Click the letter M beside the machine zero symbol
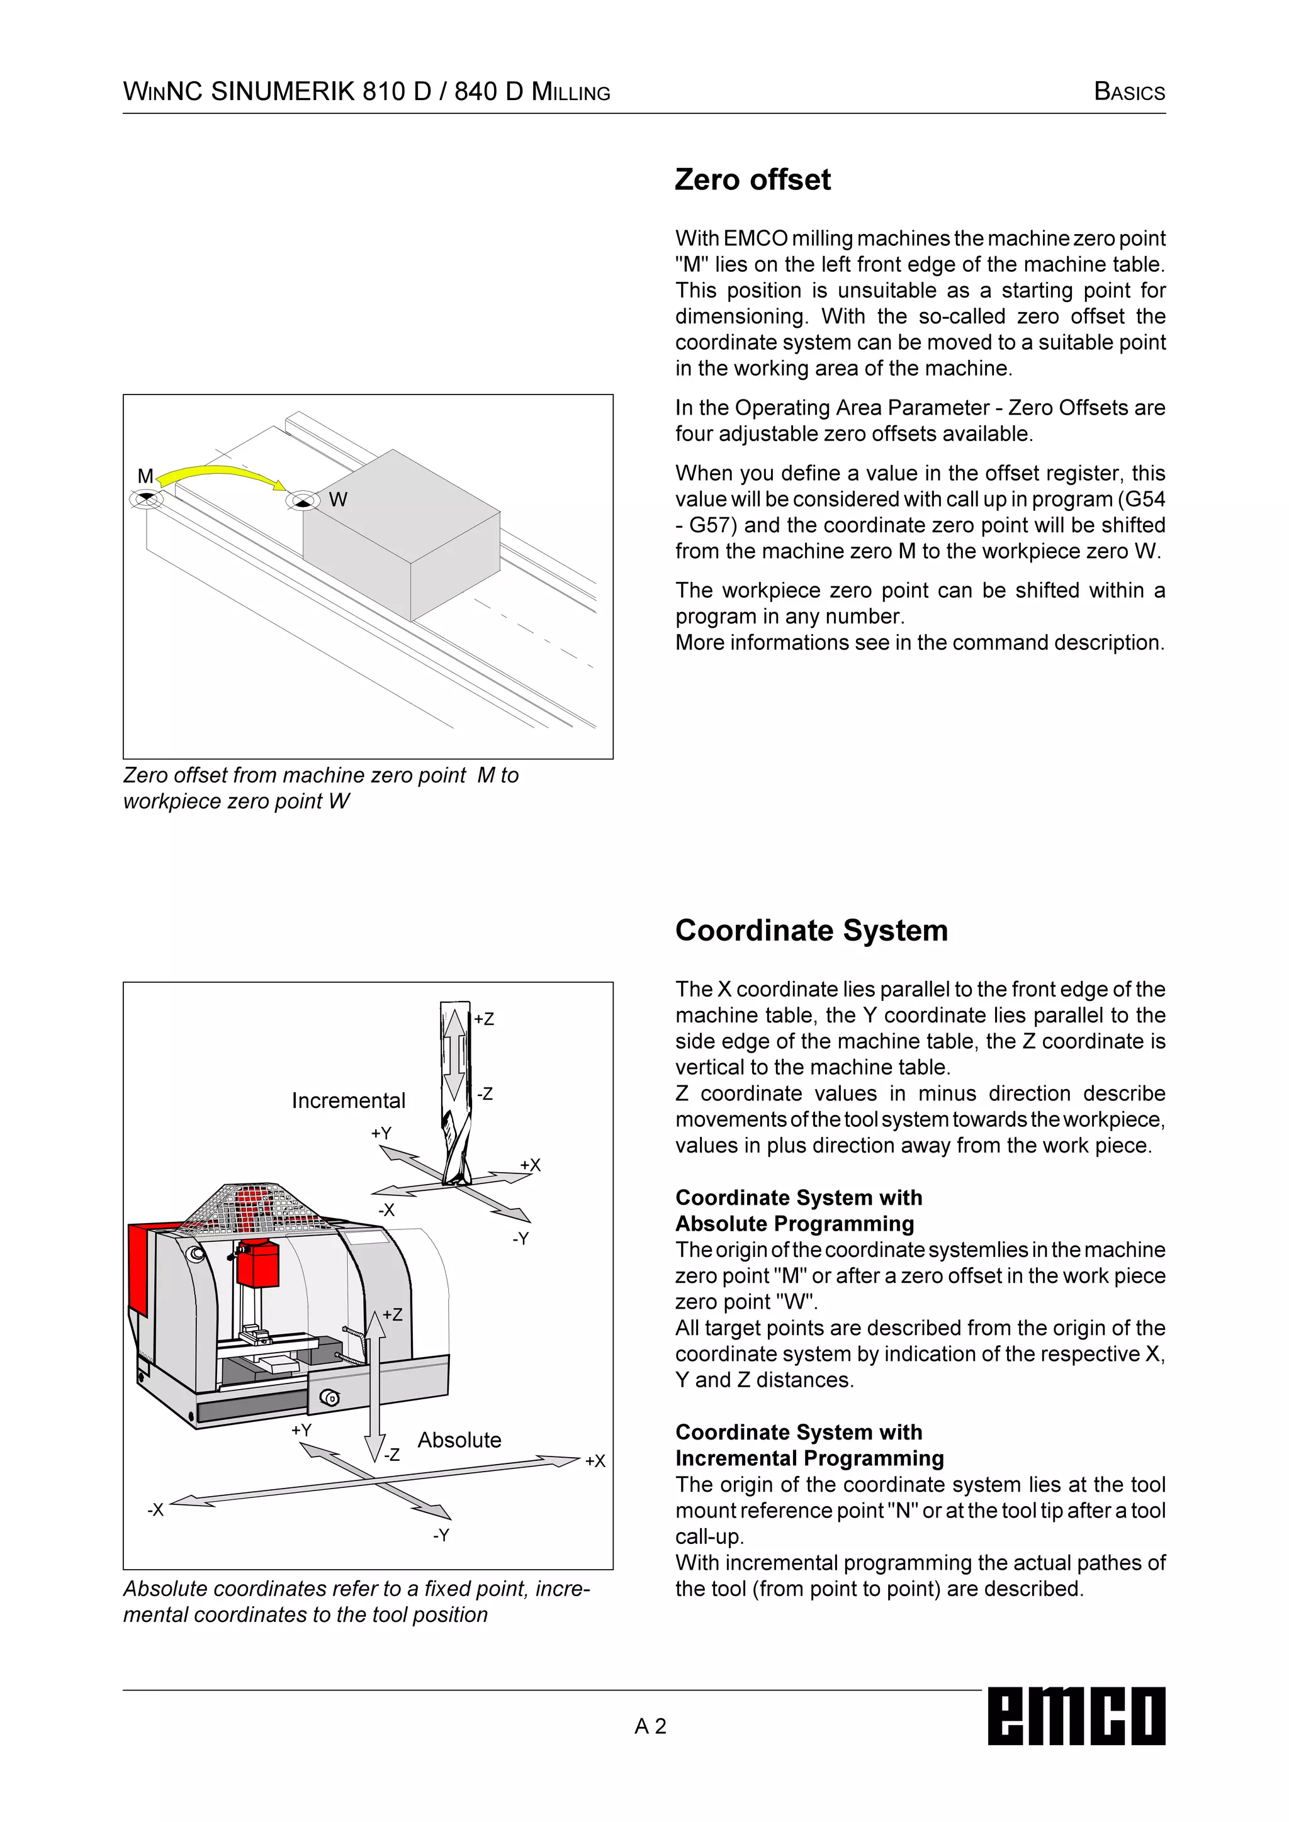pos(145,476)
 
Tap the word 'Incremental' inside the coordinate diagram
pos(349,1100)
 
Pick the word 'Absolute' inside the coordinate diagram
pos(459,1440)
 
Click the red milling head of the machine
pos(258,1264)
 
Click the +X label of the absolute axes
pos(595,1461)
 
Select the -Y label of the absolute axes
pos(441,1536)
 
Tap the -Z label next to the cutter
pos(485,1094)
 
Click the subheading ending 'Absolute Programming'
pos(794,1224)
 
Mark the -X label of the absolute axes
pos(155,1509)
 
